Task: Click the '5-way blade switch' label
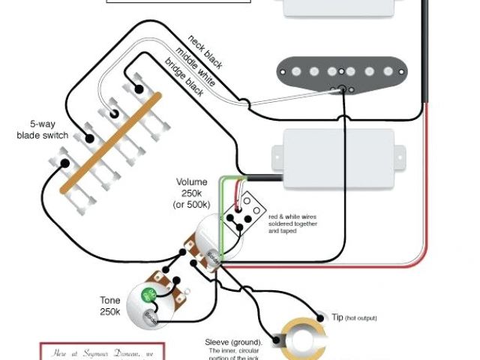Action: click(x=42, y=129)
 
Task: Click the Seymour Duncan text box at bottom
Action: click(x=101, y=352)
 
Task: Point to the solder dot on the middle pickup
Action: click(x=344, y=89)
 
